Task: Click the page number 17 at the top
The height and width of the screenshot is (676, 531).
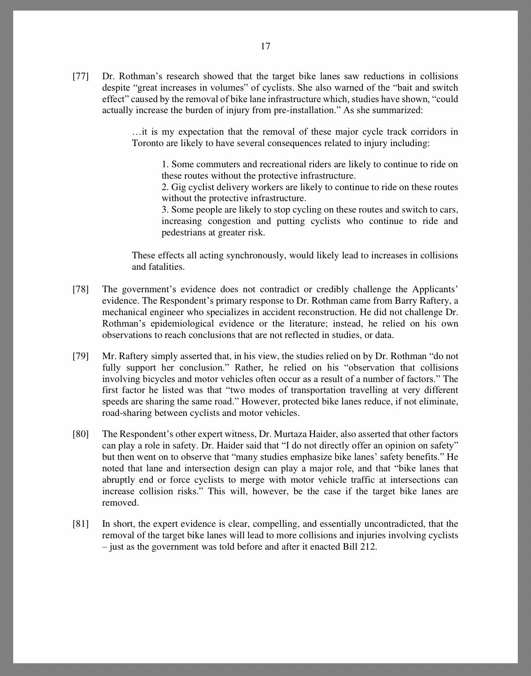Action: click(x=265, y=46)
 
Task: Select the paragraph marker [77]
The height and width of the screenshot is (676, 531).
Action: click(x=81, y=77)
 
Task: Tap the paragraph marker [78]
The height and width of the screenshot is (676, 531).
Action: click(x=81, y=290)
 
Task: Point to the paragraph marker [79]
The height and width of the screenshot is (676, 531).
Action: click(x=81, y=356)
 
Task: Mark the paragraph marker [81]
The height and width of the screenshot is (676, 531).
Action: click(x=81, y=524)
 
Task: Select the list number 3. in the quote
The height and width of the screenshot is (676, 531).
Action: click(x=165, y=210)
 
